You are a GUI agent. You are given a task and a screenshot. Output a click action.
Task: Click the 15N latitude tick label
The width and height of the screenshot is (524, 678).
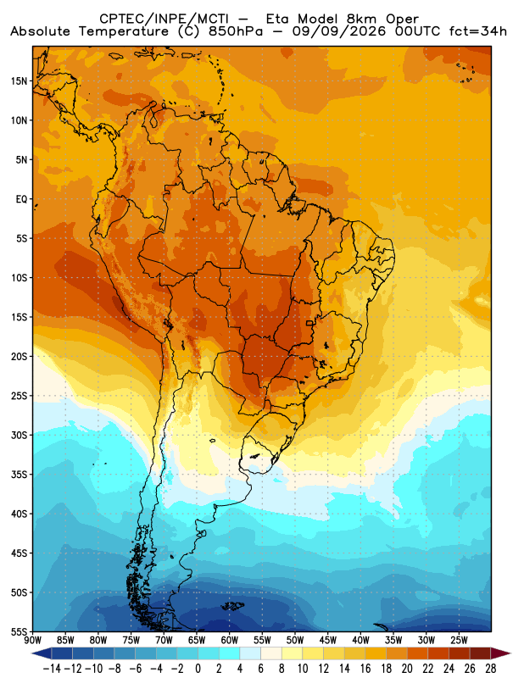[x=19, y=81]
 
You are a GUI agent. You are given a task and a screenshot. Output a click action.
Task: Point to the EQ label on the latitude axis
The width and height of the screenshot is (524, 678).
[x=21, y=199]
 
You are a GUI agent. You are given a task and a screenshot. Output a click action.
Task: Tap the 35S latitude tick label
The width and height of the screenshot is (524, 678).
[x=19, y=475]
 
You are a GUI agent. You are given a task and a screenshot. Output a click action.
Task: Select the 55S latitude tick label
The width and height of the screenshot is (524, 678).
[x=19, y=632]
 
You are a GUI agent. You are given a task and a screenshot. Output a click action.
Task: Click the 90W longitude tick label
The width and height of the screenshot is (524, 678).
[x=32, y=641]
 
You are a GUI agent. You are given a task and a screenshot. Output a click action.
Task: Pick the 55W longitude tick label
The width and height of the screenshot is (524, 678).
[x=262, y=641]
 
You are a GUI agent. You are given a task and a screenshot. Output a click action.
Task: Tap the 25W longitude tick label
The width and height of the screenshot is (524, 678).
[x=459, y=641]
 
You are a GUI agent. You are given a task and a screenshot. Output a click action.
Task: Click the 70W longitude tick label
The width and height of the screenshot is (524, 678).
[x=164, y=641]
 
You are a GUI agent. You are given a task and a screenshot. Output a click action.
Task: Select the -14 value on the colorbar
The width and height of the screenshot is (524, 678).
[x=52, y=669]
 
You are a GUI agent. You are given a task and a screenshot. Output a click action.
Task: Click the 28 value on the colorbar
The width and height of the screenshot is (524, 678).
[x=490, y=669]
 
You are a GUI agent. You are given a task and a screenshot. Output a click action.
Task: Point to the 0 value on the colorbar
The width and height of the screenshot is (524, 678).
[x=198, y=669]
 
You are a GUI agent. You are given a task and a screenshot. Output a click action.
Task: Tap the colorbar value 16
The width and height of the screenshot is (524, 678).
[x=365, y=669]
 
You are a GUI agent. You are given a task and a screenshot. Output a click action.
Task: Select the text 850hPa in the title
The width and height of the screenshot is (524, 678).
[x=236, y=31]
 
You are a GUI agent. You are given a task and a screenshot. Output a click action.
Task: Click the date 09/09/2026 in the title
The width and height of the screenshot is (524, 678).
[x=339, y=31]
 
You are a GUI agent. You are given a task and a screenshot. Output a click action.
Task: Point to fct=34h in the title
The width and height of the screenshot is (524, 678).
[x=478, y=31]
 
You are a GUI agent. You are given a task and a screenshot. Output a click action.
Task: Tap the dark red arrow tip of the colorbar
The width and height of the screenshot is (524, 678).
[x=506, y=653]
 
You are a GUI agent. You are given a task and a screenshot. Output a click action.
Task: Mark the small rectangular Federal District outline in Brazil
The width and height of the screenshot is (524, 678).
[x=309, y=323]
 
